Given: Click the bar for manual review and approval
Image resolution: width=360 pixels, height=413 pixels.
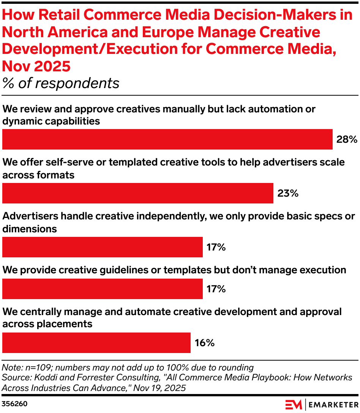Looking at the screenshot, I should point(167,139).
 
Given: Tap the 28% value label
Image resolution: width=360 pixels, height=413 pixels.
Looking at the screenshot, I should point(346,140).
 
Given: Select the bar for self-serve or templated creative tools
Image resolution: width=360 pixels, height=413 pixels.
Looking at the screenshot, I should point(137,193).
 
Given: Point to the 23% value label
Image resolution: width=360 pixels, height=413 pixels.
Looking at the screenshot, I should point(287,194).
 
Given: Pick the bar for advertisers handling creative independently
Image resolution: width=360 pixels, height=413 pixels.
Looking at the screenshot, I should point(102,247).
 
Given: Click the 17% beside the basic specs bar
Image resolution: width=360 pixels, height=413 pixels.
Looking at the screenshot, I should point(216,247).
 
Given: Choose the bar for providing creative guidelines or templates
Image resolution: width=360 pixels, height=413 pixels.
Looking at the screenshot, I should point(102,289).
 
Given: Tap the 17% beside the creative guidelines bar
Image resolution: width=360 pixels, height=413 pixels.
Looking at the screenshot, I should point(216,289).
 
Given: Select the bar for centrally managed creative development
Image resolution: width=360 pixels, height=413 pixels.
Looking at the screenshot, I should point(96,343).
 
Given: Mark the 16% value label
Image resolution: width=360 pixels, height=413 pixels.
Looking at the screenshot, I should point(204,343).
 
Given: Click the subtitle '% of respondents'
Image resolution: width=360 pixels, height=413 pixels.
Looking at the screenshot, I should point(61,83).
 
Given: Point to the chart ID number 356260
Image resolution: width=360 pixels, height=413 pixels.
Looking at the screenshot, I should point(15,404).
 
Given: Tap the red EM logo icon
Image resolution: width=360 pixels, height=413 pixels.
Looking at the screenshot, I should point(294,404).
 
